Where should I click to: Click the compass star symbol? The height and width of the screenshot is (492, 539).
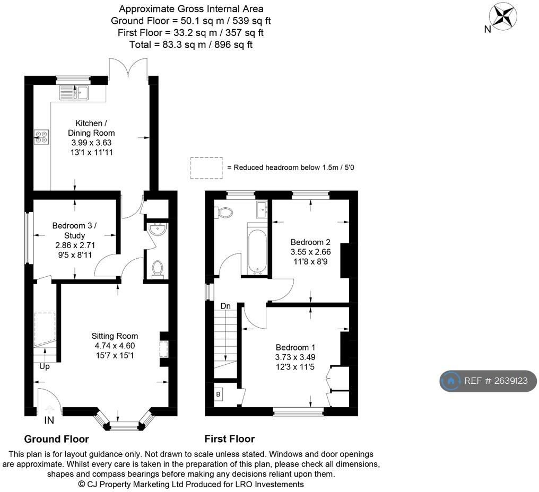[x=503, y=16]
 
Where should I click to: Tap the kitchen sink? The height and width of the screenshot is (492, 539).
[x=74, y=93]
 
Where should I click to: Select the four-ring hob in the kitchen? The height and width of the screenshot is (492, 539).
[x=41, y=137]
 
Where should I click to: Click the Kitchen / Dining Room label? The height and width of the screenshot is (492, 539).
[x=91, y=128]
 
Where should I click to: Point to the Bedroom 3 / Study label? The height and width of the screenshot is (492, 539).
[x=74, y=231]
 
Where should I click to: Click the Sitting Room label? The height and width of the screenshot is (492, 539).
[x=115, y=336]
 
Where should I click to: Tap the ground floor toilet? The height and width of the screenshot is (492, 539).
[x=158, y=268]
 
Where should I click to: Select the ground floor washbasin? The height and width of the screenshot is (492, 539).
[x=158, y=229]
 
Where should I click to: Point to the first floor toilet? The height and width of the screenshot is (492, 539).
[x=224, y=212]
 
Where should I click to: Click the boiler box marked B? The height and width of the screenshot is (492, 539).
[x=218, y=394]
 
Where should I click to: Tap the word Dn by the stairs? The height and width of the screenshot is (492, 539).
[x=225, y=306]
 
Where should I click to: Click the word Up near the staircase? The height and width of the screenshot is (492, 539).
[x=45, y=367]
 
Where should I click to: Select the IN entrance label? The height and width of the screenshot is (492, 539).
[x=49, y=420]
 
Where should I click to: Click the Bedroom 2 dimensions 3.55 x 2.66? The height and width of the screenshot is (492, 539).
[x=310, y=252]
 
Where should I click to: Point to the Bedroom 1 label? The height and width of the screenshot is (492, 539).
[x=295, y=347]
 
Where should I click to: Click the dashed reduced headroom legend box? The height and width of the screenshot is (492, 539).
[x=206, y=168]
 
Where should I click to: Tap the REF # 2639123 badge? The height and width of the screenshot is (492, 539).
[x=488, y=381]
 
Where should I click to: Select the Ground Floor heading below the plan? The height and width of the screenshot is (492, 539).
[x=56, y=439]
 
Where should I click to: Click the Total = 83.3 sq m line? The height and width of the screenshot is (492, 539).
[x=191, y=45]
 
